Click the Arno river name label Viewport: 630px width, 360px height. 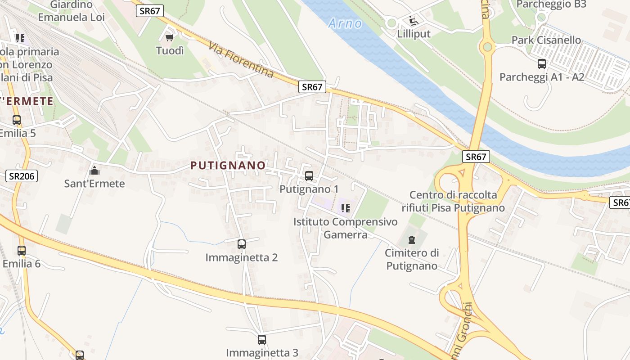point(345,23)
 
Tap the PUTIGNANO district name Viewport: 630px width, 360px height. point(228,166)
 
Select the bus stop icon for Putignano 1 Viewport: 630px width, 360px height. point(309,176)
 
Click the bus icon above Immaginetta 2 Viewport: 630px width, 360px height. point(242,244)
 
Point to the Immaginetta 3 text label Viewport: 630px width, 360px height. point(262,353)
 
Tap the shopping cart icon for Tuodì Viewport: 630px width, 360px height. point(170,38)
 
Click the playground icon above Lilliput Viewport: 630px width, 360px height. point(413,21)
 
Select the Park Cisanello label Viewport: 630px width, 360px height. point(546,40)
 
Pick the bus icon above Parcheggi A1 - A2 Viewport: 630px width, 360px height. point(542,64)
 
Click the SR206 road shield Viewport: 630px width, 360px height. point(22,176)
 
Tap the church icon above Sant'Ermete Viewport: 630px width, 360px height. point(94,171)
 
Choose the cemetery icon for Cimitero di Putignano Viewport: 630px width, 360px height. point(412,239)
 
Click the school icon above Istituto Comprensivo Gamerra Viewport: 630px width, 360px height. point(345,208)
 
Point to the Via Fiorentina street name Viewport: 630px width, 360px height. point(241,59)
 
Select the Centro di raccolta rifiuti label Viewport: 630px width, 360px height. point(453,201)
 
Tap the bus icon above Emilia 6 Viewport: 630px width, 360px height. point(22,251)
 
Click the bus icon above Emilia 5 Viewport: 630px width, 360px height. point(17,120)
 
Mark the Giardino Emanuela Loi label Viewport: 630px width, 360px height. point(71,11)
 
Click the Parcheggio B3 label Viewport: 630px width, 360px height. point(551,4)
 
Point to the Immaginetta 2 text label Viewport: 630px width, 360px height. point(242,257)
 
